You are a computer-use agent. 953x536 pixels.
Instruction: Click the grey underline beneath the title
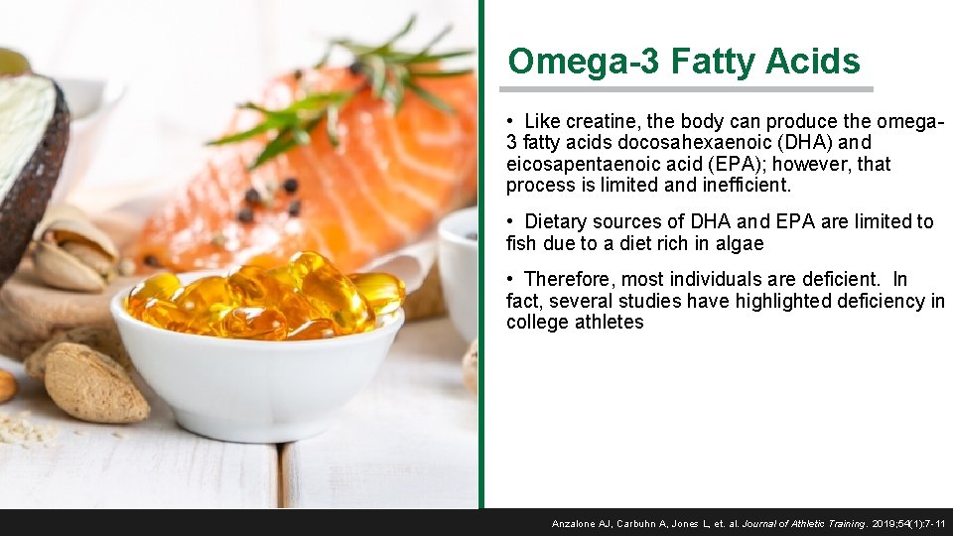point(690,89)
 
